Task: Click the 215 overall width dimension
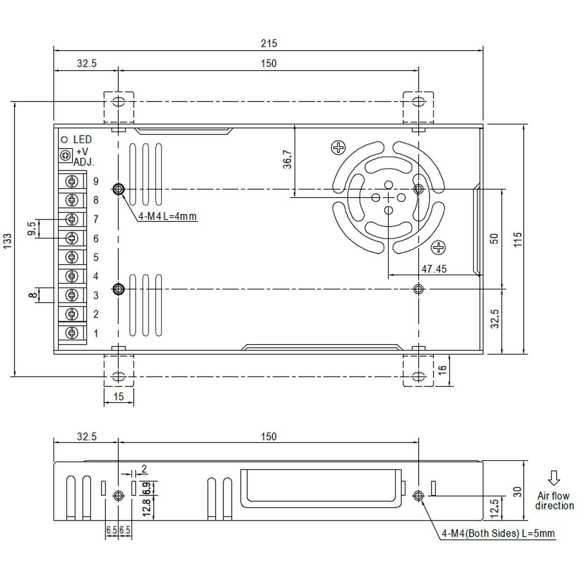269,43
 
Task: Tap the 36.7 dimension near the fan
287,159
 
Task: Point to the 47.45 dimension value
434,269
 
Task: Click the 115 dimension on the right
518,239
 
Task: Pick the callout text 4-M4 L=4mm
167,216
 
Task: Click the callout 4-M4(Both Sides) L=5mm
498,533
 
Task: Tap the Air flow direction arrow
554,478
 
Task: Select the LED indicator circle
65,140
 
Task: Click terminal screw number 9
72,181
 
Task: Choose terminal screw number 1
72,333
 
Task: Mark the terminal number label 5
96,257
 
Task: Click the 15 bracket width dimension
118,396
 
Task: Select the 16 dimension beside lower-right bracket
443,370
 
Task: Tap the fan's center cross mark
388,197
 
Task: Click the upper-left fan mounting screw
338,147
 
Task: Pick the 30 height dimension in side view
518,491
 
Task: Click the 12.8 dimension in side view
146,508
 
